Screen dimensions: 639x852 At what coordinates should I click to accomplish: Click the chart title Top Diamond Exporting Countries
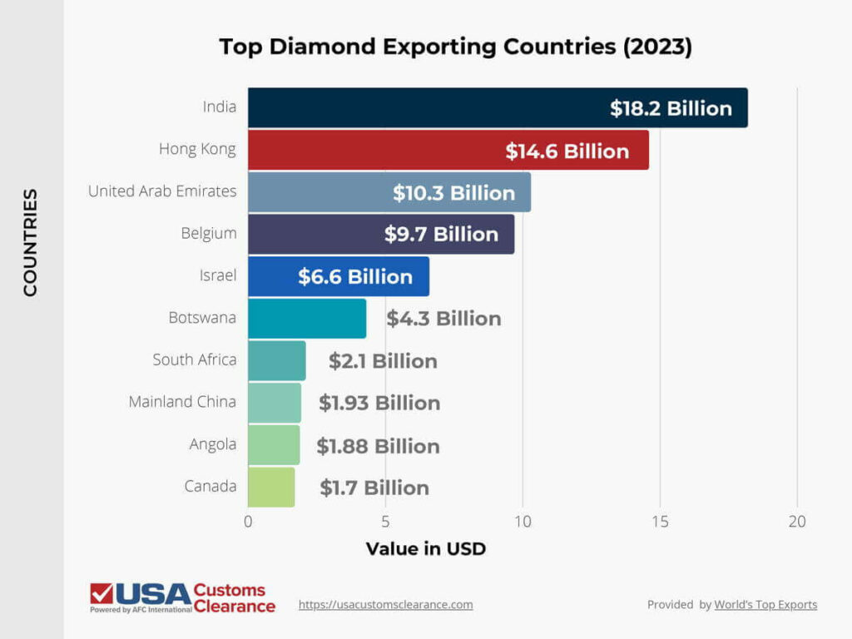coord(455,47)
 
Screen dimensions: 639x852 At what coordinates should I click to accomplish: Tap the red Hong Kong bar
coord(374,151)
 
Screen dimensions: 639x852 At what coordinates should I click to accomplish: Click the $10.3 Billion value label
coord(454,193)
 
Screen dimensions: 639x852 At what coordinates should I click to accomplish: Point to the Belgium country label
coord(209,233)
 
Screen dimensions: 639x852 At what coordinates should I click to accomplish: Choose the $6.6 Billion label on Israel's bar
coord(355,277)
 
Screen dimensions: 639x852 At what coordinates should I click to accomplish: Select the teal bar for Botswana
coord(307,319)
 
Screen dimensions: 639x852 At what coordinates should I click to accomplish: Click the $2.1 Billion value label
coord(383,361)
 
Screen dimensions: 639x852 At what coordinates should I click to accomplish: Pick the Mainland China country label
coord(182,402)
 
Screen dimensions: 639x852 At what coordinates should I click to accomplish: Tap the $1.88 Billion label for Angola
coord(378,446)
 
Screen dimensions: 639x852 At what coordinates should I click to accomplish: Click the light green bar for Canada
coord(271,488)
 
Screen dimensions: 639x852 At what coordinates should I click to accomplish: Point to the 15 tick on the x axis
coord(660,523)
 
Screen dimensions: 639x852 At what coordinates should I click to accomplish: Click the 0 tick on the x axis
coord(248,523)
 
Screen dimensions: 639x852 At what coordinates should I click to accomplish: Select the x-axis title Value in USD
coord(425,549)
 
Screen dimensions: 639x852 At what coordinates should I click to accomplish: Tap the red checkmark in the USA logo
coord(102,592)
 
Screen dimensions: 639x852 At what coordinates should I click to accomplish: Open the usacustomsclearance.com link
coord(385,605)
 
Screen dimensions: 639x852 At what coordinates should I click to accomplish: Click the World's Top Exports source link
coord(765,605)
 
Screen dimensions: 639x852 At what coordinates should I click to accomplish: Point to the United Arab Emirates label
coord(162,191)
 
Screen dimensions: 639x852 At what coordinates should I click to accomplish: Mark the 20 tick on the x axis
coord(797,523)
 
